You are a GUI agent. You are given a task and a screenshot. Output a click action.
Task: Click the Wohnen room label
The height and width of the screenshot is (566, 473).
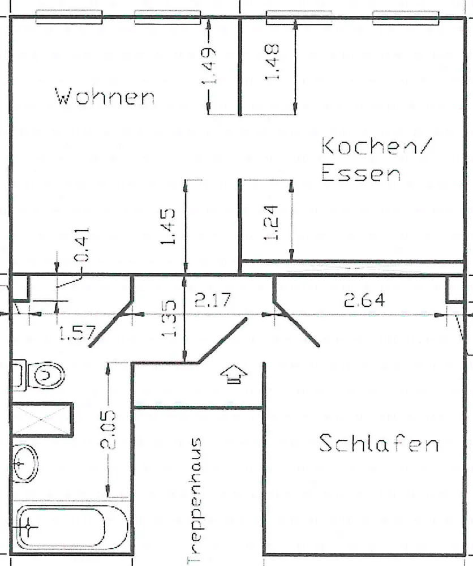coord(105,96)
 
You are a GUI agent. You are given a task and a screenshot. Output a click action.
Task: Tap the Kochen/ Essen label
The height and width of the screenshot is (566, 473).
coord(376,160)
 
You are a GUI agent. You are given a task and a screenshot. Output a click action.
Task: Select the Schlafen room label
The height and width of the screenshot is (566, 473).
coord(379,443)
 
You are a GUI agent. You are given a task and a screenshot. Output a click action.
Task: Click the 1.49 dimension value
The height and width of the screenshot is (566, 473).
coord(209,67)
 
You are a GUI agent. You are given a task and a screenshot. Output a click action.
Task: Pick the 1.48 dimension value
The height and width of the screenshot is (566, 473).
coord(272,62)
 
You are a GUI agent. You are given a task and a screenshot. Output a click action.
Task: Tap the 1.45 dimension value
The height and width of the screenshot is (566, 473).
coord(168,226)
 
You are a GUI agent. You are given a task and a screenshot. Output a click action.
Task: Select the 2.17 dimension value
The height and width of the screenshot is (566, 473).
coord(212,300)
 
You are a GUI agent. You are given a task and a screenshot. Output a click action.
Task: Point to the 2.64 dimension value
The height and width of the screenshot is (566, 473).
coord(364,300)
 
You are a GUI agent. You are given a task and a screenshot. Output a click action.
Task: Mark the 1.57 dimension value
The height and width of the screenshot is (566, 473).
coord(77,332)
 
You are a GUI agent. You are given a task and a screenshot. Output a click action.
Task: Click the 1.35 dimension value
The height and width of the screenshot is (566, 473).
coord(169,318)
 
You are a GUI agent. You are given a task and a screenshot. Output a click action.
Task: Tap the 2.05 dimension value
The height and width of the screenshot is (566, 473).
coord(108,430)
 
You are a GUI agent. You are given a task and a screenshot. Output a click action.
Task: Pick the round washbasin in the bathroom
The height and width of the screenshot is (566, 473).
coord(25,463)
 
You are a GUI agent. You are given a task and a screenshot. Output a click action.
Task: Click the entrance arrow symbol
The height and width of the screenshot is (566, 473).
coord(234,374)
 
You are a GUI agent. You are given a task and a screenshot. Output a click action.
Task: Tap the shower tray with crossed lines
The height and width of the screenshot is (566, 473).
coord(42,419)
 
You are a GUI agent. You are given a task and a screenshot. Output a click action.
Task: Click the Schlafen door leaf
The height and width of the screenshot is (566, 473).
coord(296,324)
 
